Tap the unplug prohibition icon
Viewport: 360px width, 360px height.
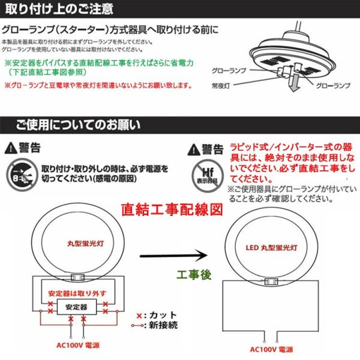coord(20,173)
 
